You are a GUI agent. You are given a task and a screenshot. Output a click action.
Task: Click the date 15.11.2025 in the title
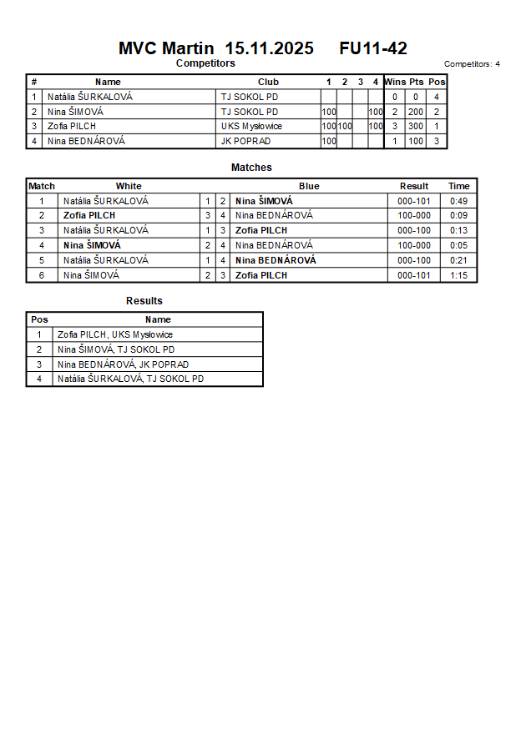[269, 48]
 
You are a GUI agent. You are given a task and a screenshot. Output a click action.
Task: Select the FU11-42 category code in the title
[373, 48]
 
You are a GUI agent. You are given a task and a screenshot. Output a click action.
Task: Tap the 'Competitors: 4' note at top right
[472, 64]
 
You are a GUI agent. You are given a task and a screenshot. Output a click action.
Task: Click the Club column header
[268, 82]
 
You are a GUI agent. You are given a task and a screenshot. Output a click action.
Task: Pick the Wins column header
[395, 82]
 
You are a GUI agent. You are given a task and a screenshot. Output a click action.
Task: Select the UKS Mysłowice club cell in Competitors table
[251, 127]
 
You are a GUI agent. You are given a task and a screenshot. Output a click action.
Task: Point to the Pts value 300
[416, 127]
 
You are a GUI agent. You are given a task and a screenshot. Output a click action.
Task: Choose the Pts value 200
[416, 112]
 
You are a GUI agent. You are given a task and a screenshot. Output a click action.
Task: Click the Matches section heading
[251, 168]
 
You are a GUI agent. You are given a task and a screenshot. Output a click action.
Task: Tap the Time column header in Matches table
[458, 186]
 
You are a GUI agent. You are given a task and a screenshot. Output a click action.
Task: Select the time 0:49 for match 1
[458, 201]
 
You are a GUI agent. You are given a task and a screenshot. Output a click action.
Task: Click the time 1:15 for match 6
[458, 275]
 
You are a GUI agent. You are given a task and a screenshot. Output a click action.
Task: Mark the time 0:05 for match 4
[458, 245]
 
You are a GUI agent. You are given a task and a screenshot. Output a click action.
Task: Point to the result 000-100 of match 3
[414, 230]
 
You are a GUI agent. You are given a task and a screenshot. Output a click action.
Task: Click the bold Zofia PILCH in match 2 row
[89, 216]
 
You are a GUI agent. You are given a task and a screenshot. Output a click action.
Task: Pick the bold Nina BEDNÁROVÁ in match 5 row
[276, 260]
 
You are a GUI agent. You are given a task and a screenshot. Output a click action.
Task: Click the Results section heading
[144, 301]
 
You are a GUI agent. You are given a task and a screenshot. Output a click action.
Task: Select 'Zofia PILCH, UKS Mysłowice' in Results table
[115, 334]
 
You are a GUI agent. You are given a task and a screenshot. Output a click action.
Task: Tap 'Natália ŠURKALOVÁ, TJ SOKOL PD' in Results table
[130, 379]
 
